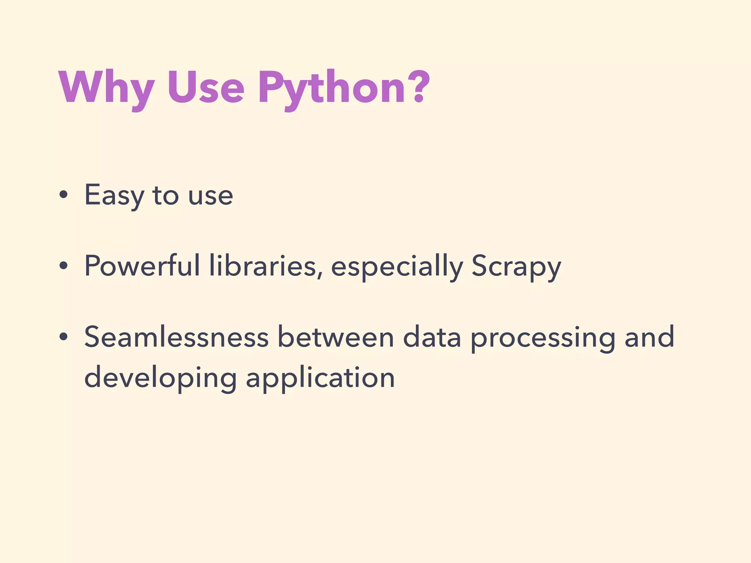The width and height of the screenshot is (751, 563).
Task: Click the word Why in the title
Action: click(106, 88)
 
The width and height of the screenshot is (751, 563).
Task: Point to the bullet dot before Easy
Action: click(63, 196)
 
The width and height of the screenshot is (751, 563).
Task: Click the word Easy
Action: click(114, 196)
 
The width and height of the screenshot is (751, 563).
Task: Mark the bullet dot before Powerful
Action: click(63, 266)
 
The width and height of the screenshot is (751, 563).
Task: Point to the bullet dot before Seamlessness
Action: click(63, 337)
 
